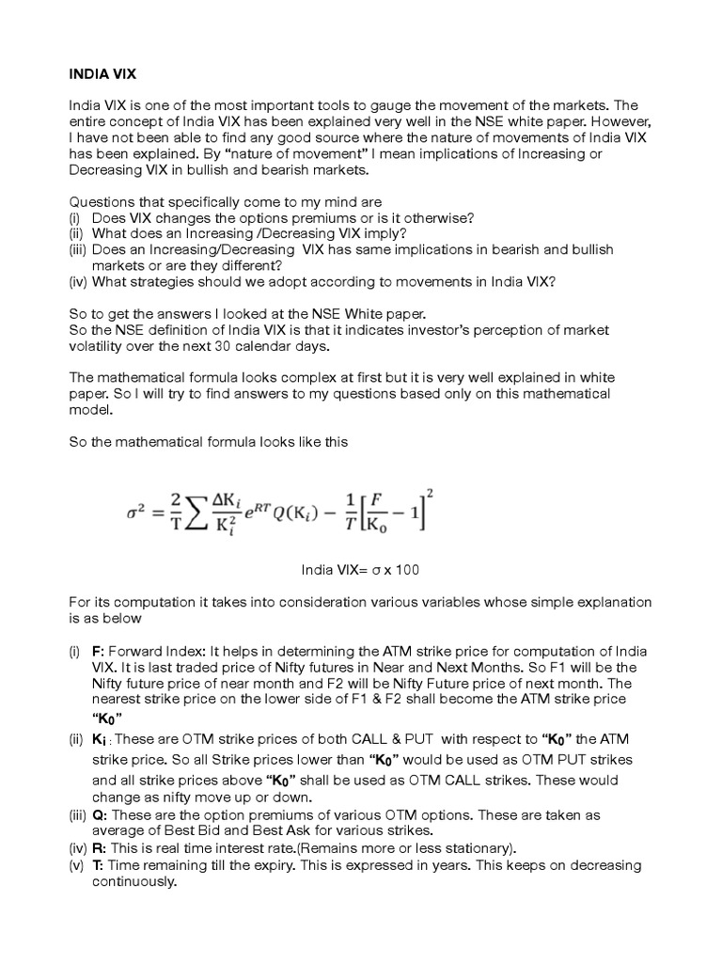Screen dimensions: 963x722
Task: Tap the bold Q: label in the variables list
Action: [99, 815]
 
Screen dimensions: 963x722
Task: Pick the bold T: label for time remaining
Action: [98, 864]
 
